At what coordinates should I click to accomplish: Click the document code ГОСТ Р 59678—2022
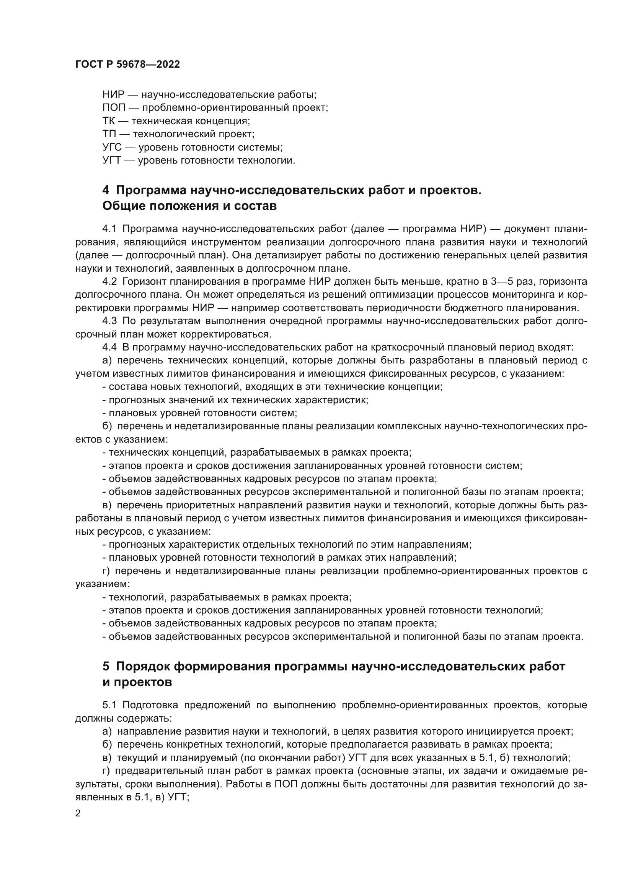pyautogui.click(x=127, y=65)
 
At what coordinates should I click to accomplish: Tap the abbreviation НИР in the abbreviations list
pyautogui.click(x=113, y=95)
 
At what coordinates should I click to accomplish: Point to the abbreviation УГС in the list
pyautogui.click(x=112, y=148)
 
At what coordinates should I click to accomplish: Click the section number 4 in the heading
pyautogui.click(x=106, y=191)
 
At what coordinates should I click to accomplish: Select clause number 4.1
pyautogui.click(x=109, y=229)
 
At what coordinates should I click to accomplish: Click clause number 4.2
pyautogui.click(x=109, y=282)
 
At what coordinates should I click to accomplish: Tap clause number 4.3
pyautogui.click(x=109, y=321)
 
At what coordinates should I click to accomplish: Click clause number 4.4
pyautogui.click(x=109, y=347)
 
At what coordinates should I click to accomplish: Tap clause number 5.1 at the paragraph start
pyautogui.click(x=109, y=705)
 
